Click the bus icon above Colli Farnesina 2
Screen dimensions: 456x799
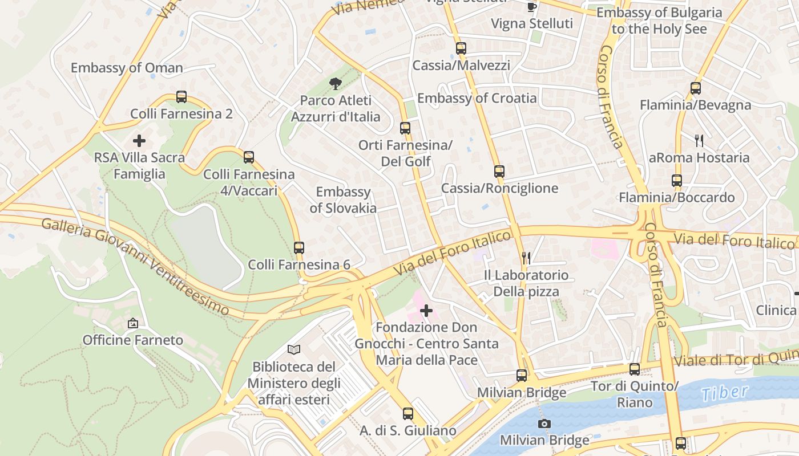point(181,97)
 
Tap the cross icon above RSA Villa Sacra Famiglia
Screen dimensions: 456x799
point(139,141)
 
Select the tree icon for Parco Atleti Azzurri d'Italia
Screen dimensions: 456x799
point(336,84)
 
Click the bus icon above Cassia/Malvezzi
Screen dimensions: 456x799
point(461,48)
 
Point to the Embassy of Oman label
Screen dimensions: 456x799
point(127,68)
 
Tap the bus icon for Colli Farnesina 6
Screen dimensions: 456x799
point(299,248)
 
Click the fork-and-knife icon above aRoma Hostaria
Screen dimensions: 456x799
point(699,140)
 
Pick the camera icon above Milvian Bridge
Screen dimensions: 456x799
point(544,424)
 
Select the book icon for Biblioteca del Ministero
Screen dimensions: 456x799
point(294,349)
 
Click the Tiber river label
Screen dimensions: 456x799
point(724,393)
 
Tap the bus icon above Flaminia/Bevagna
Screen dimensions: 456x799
point(696,88)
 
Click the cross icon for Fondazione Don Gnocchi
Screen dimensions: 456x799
point(426,311)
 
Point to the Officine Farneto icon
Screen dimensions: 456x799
point(133,323)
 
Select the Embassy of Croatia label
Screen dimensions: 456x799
point(477,98)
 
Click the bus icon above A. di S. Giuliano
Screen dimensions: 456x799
point(408,414)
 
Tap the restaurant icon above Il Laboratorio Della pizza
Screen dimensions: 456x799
point(526,258)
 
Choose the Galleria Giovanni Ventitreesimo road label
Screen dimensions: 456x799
point(135,266)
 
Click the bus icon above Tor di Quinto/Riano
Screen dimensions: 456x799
point(635,369)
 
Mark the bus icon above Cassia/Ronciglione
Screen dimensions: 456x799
point(499,171)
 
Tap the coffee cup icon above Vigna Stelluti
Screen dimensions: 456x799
point(532,7)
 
